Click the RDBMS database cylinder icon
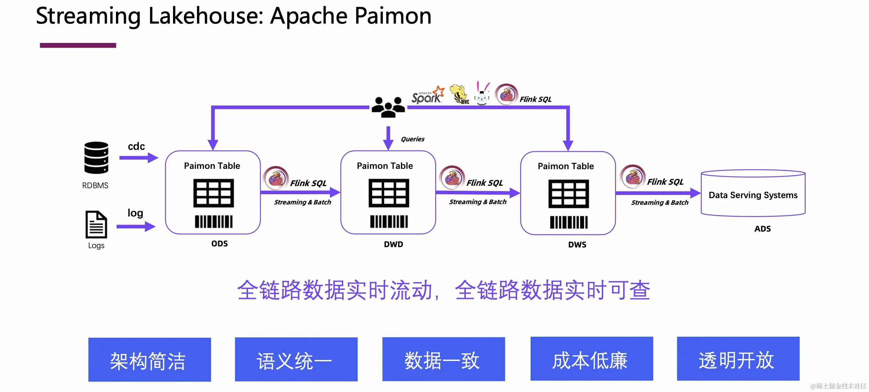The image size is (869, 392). click(x=96, y=158)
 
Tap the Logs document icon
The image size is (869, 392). click(x=96, y=225)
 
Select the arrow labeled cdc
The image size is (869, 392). click(x=139, y=158)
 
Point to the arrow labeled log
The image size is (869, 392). click(x=136, y=226)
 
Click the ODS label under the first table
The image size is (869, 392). click(x=220, y=244)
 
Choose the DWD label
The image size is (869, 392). click(x=394, y=244)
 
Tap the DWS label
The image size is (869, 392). click(x=577, y=245)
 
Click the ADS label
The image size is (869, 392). click(x=763, y=229)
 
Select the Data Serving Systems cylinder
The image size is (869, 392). click(x=753, y=193)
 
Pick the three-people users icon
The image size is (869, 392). click(x=388, y=107)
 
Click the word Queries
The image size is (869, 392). click(x=413, y=139)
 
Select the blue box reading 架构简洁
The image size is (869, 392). click(x=150, y=360)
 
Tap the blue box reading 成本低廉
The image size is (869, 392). click(x=592, y=359)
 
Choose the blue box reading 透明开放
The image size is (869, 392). click(x=738, y=359)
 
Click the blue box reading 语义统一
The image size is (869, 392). click(x=296, y=359)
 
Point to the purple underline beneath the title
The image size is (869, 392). click(x=78, y=45)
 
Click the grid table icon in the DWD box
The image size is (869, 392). click(x=389, y=193)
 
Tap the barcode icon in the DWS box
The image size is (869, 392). click(x=569, y=222)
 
